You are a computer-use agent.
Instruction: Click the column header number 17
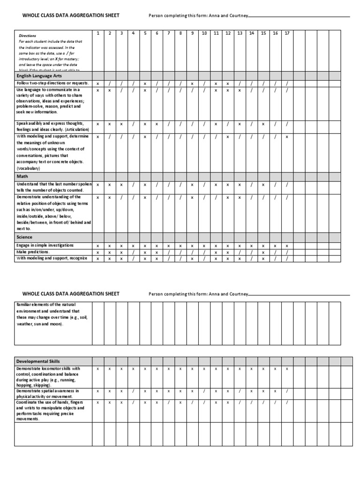[x=287, y=33]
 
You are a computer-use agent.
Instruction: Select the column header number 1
[x=97, y=33]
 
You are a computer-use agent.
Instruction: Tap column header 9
[x=192, y=33]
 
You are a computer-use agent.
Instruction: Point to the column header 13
[x=240, y=33]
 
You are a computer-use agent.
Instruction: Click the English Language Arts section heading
[x=39, y=75]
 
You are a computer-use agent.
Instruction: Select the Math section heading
[x=22, y=176]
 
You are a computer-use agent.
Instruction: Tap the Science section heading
[x=24, y=237]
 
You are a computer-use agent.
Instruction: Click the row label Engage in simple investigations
[x=45, y=246]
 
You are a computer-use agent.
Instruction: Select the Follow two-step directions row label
[x=52, y=83]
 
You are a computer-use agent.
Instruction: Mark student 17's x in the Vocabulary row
[x=287, y=137]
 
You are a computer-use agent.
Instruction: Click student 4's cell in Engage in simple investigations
[x=133, y=246]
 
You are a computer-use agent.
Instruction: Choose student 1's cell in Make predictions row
[x=97, y=253]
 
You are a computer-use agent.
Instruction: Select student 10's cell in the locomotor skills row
[x=204, y=369]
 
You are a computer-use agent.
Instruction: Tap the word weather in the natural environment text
[x=25, y=324]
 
